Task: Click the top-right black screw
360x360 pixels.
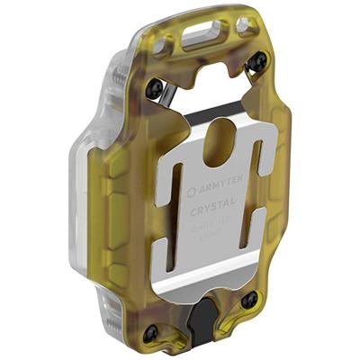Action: click(257, 62)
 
